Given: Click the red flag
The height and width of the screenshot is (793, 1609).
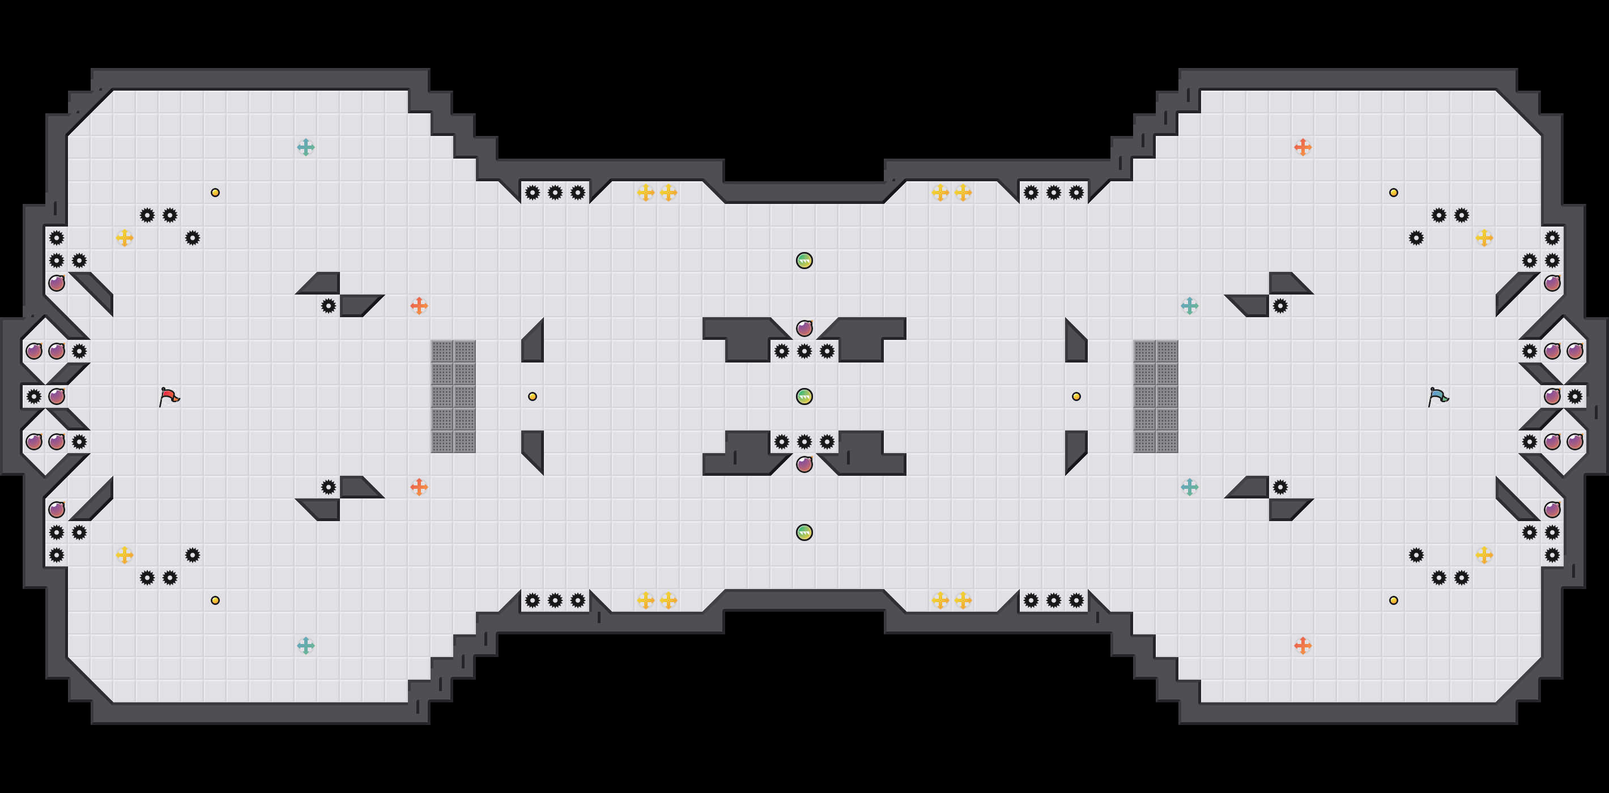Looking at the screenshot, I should (169, 396).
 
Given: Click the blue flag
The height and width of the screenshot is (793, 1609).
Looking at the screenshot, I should (1438, 396).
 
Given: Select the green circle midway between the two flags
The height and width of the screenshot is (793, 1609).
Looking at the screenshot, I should (804, 396).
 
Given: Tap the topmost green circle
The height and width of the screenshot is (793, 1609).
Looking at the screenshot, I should (804, 261).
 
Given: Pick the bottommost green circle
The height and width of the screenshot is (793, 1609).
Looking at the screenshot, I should (804, 532).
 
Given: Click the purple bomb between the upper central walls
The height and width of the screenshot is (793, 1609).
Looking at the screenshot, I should (804, 329).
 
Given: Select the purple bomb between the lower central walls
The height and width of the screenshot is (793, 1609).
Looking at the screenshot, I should (804, 464).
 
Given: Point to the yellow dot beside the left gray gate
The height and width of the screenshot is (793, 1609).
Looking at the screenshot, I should (532, 396).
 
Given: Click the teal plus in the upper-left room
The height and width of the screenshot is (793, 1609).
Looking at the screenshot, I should (305, 147).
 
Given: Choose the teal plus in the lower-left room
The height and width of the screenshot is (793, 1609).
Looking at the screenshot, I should (305, 646).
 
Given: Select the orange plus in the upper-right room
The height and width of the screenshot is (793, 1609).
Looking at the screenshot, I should (1302, 147).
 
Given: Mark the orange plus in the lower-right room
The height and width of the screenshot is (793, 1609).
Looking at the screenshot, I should (1302, 646).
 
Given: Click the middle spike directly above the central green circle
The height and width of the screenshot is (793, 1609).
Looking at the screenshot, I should (804, 351).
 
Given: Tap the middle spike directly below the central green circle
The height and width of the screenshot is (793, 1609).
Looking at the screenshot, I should (804, 442).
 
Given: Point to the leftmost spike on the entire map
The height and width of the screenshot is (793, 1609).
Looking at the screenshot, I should (34, 396).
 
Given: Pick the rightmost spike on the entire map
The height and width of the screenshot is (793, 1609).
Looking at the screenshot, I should (1574, 396).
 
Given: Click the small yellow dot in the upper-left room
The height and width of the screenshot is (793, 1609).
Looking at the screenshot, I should (215, 193).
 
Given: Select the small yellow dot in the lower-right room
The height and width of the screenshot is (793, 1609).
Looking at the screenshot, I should (1394, 600).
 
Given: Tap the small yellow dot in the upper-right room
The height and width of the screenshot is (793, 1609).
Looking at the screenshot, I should (1394, 193).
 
